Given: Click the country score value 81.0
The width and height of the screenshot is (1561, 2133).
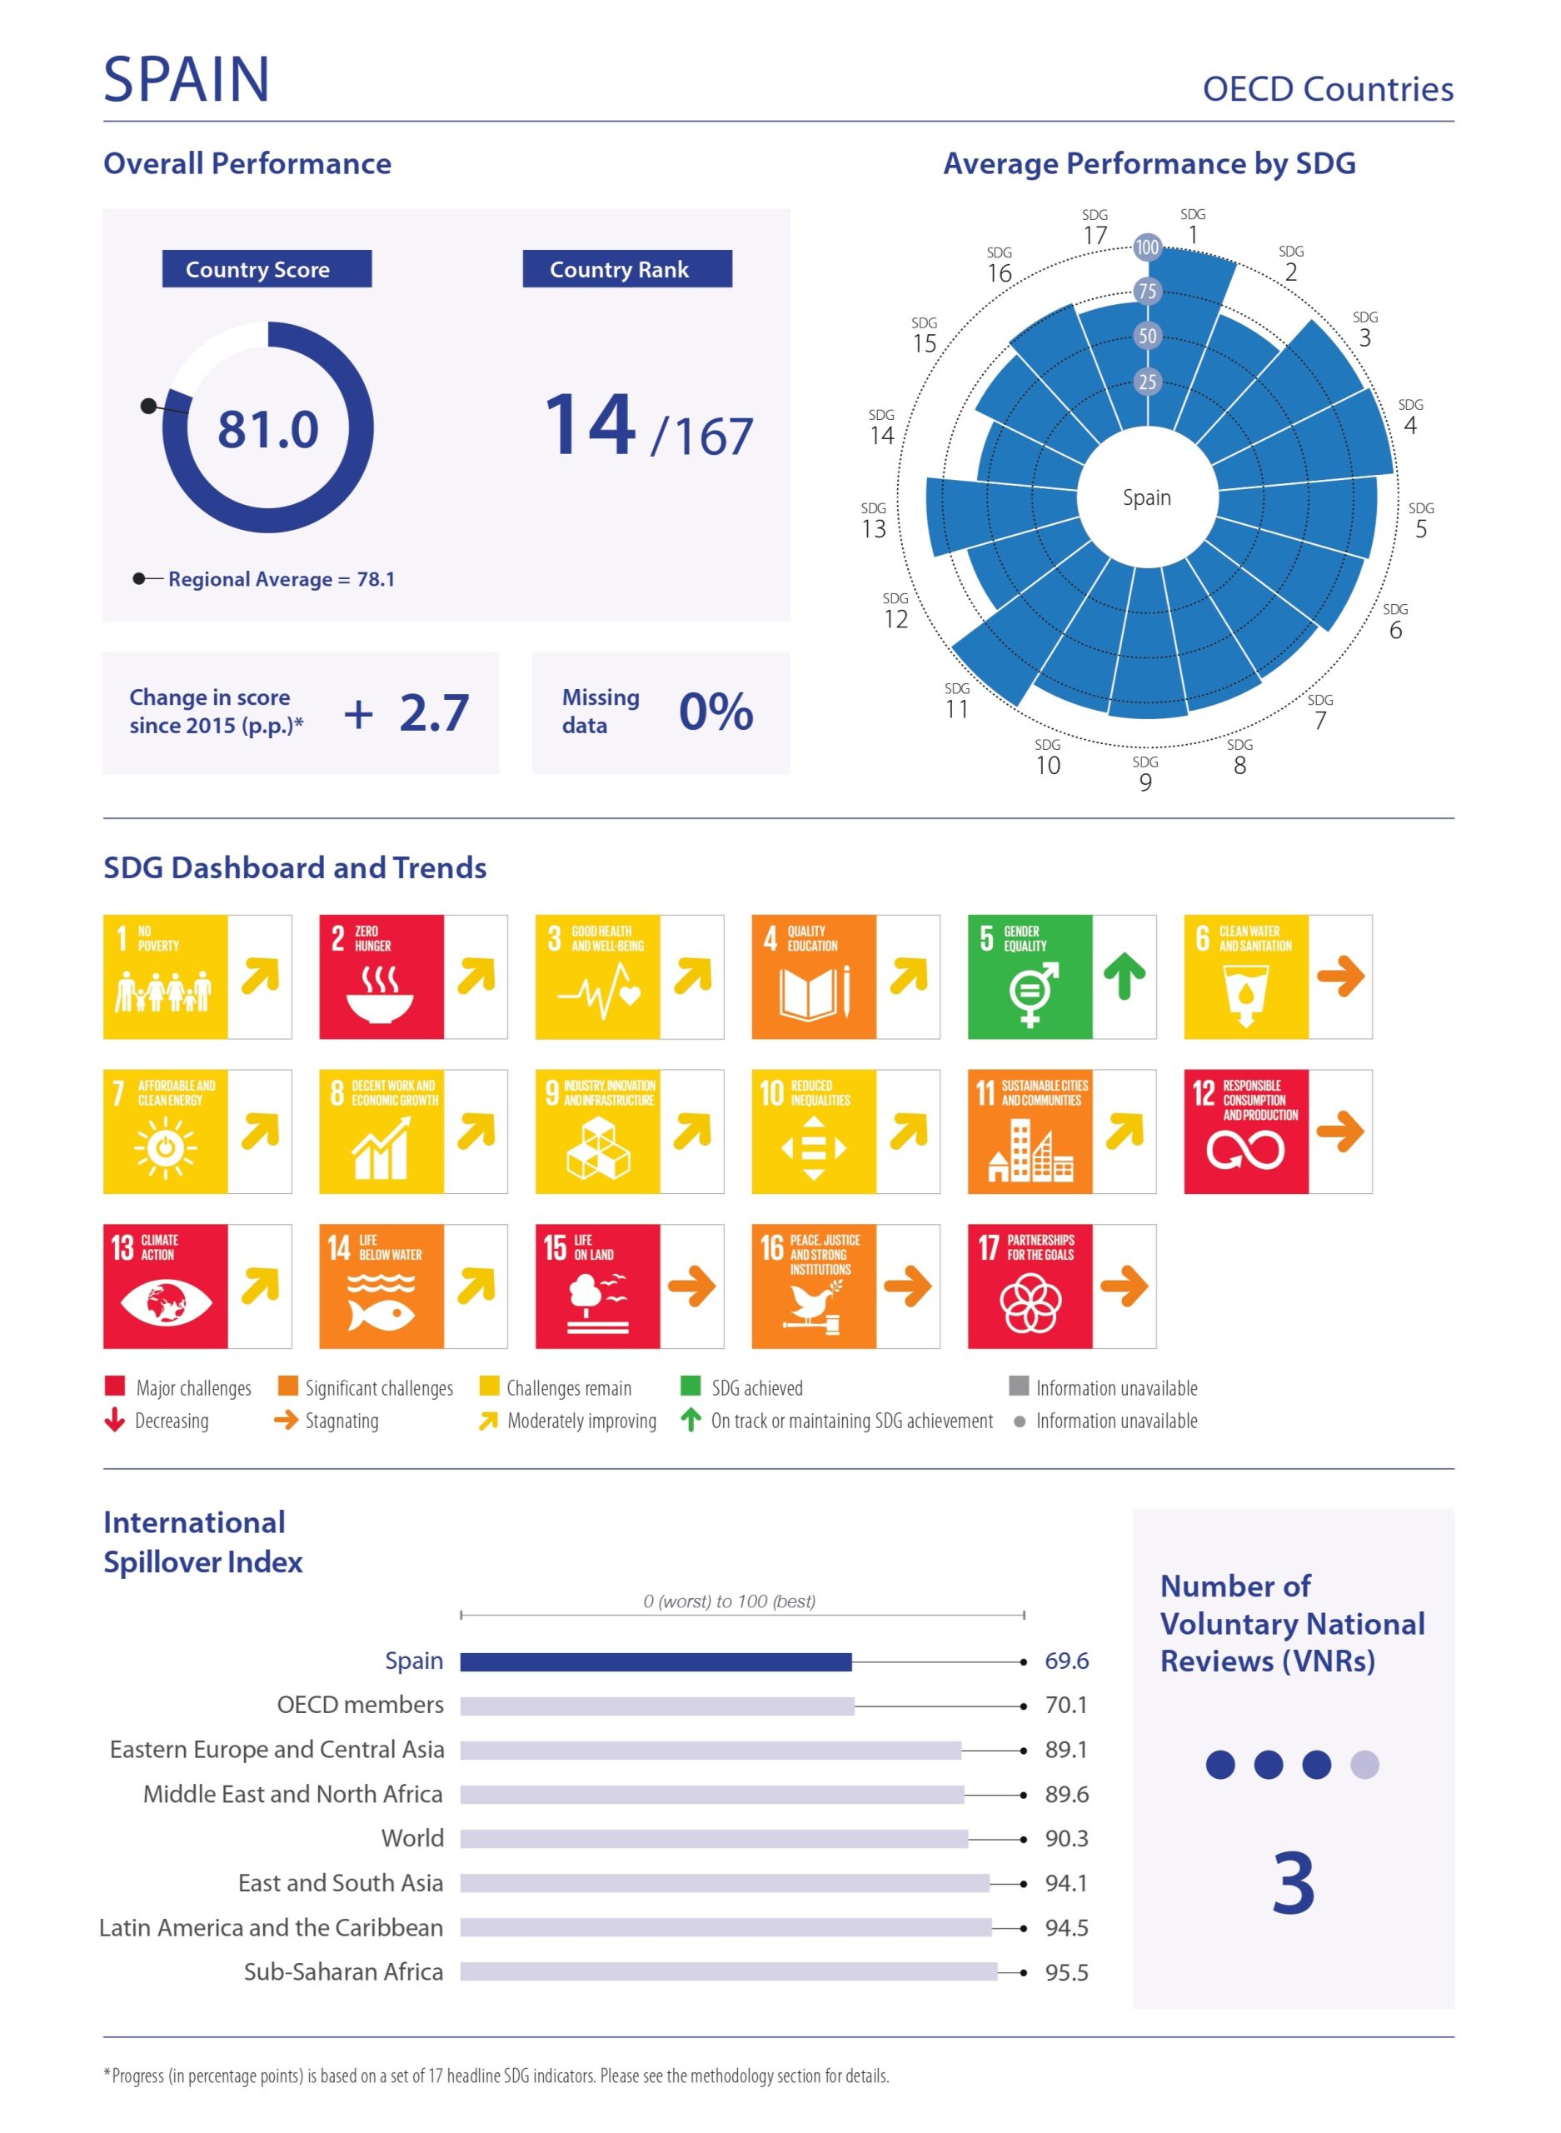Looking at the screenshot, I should [x=267, y=429].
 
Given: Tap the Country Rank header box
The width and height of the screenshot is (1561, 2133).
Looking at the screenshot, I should [x=626, y=269].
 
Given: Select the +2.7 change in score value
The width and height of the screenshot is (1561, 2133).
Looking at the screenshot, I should [x=406, y=712].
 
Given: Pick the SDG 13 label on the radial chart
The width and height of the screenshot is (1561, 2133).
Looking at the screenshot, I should [x=873, y=522].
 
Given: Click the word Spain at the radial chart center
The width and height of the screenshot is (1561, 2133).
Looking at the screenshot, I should [x=1146, y=497].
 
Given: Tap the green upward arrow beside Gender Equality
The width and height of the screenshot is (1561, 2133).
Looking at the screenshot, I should [x=1124, y=977].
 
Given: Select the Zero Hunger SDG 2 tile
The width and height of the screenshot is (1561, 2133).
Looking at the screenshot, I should [x=381, y=977].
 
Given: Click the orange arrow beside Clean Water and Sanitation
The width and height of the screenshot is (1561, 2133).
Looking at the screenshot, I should [x=1340, y=977].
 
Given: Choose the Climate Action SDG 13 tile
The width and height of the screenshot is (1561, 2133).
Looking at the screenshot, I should [x=166, y=1286].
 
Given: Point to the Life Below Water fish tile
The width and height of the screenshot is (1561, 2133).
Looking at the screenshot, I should [x=381, y=1286].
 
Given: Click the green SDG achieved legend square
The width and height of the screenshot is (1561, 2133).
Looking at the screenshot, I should [x=691, y=1386].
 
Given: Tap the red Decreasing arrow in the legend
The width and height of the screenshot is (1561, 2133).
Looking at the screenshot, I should [x=114, y=1420].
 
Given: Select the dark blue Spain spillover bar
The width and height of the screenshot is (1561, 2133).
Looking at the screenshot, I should [x=655, y=1661].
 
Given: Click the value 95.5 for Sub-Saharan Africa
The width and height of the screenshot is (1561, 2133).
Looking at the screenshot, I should [x=1066, y=1972].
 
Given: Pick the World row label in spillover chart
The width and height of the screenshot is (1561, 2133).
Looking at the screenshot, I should [x=412, y=1838].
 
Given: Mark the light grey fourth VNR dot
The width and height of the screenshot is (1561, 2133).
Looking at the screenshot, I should [x=1364, y=1765].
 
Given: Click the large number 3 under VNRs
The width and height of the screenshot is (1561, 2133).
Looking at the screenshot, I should [x=1293, y=1884].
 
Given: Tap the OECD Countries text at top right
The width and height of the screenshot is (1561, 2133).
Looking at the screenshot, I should [x=1327, y=89].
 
